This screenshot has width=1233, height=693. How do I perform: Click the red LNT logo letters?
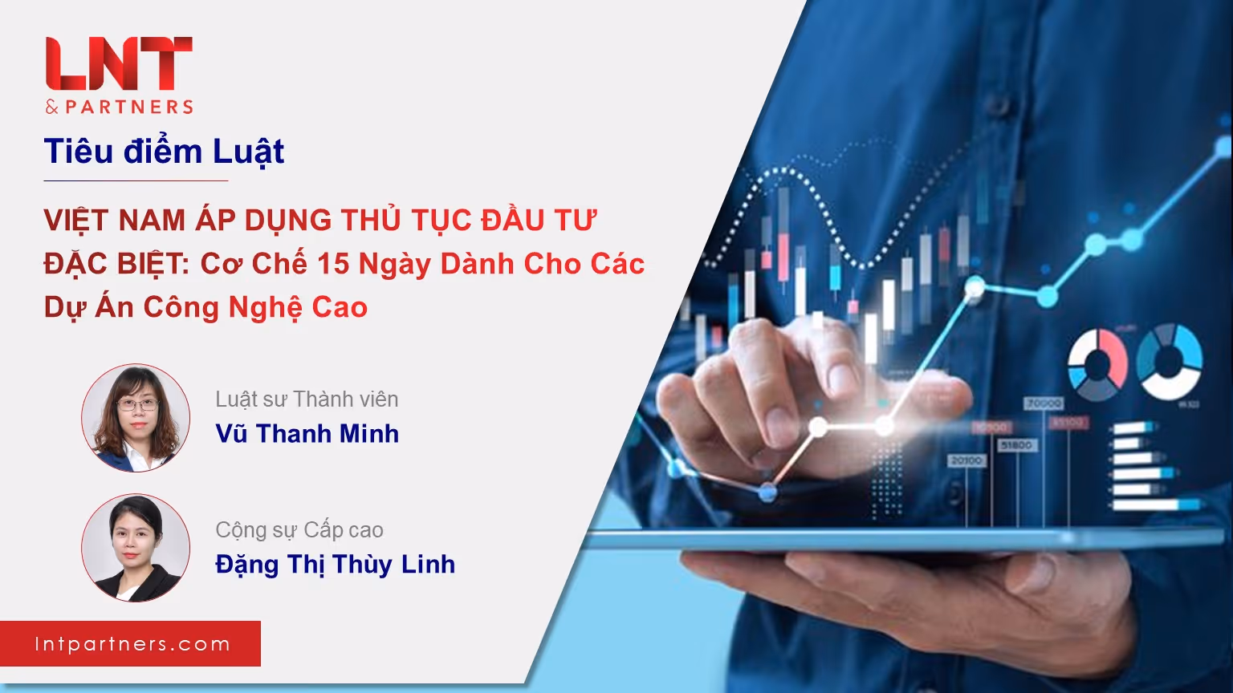click(119, 63)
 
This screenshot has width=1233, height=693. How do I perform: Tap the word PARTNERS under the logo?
click(129, 107)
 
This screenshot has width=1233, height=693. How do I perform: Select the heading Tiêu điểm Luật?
click(164, 152)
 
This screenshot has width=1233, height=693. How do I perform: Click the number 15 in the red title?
click(333, 263)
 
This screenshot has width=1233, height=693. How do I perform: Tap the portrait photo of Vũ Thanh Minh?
click(136, 417)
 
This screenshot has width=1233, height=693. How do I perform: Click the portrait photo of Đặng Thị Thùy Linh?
click(136, 548)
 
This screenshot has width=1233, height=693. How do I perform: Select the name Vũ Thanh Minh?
click(307, 433)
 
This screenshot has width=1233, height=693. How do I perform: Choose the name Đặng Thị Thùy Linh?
click(336, 565)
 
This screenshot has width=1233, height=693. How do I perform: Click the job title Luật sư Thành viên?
click(307, 399)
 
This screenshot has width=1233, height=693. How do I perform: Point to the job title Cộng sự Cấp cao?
click(299, 530)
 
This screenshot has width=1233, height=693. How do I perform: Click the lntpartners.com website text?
click(132, 644)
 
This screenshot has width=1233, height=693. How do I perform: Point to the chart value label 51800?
click(1016, 445)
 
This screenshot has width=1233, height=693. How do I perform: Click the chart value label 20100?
click(966, 460)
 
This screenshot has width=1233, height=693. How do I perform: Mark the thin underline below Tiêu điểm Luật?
click(136, 180)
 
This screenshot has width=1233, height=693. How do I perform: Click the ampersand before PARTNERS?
click(51, 107)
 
